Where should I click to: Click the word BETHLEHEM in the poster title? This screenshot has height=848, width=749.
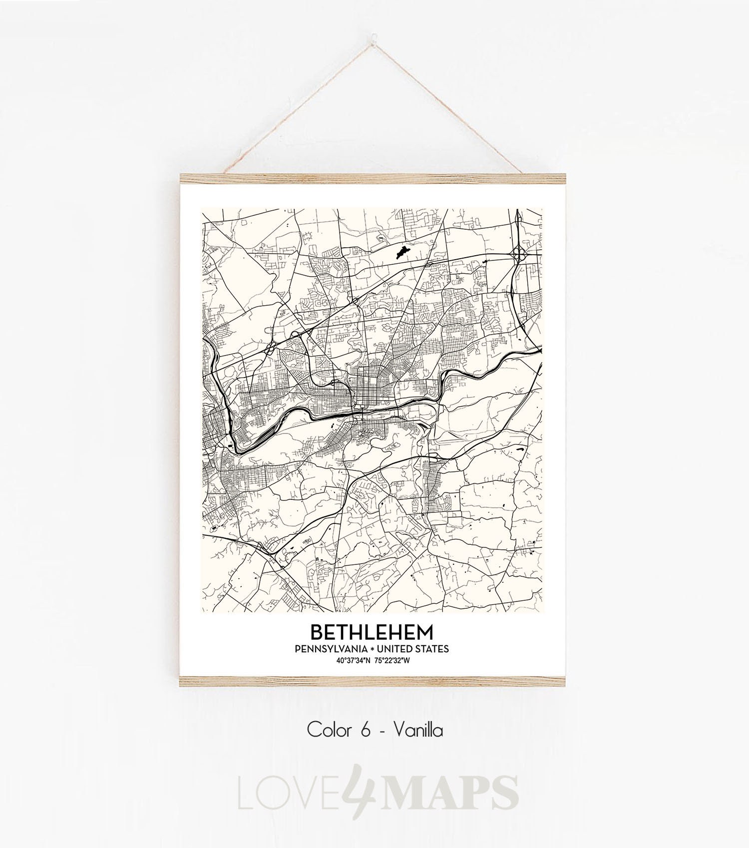[372, 632]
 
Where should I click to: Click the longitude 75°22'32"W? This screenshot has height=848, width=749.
[392, 661]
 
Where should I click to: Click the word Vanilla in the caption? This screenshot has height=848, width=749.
[418, 731]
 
